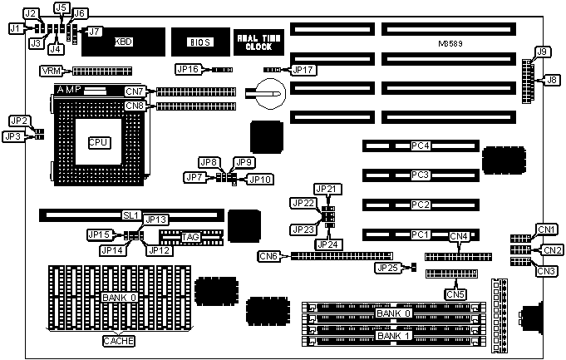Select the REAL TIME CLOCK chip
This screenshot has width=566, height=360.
pos(254,41)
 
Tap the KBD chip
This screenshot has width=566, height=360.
pos(123,41)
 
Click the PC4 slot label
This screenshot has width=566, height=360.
pos(421,146)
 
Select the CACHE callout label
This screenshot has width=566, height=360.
pos(118,341)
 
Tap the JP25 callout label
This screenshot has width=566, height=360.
pos(387,268)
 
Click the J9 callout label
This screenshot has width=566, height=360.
pos(543,52)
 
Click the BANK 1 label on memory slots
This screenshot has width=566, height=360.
pos(392,336)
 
